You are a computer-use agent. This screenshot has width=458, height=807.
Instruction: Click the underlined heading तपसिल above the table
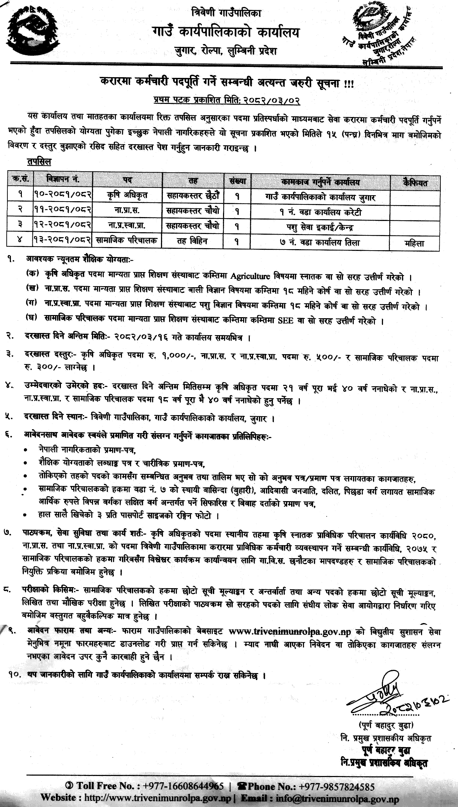click(39, 162)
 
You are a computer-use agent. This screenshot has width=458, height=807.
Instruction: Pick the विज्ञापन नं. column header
click(63, 179)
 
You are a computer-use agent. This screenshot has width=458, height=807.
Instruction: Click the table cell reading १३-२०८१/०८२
click(63, 240)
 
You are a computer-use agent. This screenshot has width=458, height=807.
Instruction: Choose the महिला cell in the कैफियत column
click(414, 243)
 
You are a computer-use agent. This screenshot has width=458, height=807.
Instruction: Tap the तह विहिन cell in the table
click(193, 241)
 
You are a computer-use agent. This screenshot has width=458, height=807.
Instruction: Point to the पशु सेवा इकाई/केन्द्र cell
click(320, 227)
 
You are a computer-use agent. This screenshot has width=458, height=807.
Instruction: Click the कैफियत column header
click(415, 183)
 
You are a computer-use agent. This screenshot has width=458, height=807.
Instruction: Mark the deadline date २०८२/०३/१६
click(141, 337)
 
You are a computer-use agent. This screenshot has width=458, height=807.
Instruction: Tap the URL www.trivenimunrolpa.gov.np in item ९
click(290, 631)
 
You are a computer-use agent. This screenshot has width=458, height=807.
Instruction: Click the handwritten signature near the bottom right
click(391, 696)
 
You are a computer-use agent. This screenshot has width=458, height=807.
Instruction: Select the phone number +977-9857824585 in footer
click(336, 786)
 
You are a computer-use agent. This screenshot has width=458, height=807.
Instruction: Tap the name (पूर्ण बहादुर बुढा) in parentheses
click(386, 725)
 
